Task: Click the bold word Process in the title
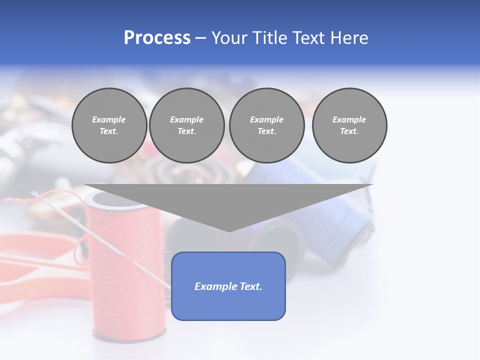coord(157,38)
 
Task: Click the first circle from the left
coord(109,125)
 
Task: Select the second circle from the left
coord(186,125)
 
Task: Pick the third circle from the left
coord(266,125)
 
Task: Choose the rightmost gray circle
coord(349,125)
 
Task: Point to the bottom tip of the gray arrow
coord(229,231)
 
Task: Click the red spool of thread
coord(127,280)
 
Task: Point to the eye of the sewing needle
coord(35,193)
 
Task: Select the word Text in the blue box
coord(250,286)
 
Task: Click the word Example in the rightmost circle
coord(349,119)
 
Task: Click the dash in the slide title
coord(201,38)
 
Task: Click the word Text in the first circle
coord(109,131)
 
